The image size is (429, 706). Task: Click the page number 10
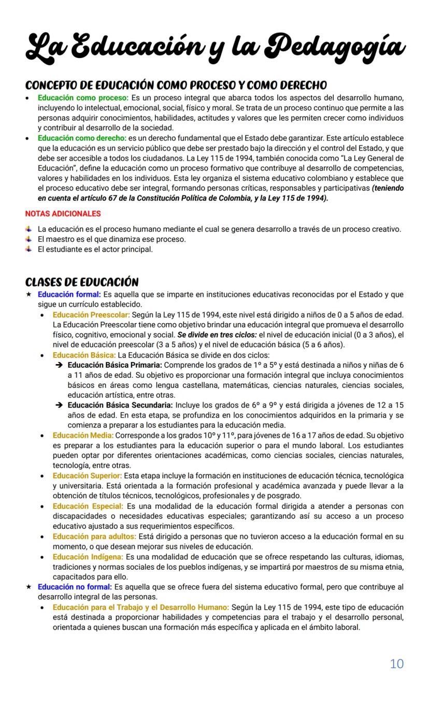396,664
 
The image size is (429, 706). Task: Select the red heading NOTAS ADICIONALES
63,213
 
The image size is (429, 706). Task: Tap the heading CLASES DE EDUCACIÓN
82,282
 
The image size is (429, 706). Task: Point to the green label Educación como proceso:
83,97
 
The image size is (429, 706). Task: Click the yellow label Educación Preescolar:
91,315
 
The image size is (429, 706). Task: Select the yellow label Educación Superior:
87,476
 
